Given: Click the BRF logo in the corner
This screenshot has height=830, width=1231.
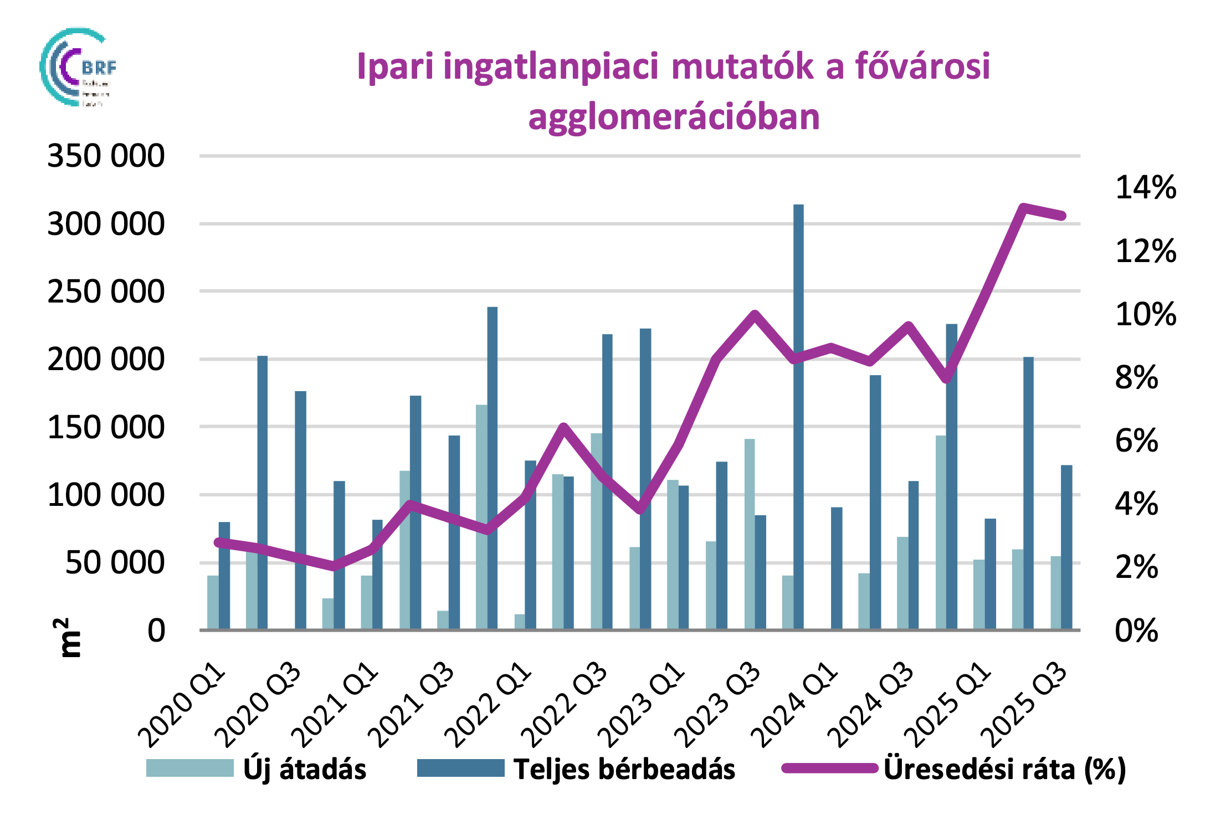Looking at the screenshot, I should [78, 67].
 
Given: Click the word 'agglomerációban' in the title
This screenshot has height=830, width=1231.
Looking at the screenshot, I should [674, 117].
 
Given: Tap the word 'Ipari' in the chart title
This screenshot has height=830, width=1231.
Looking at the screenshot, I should [395, 66].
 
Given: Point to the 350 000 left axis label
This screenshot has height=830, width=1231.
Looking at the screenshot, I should [106, 156].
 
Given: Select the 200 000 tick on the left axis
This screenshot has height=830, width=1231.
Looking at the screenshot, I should [106, 360].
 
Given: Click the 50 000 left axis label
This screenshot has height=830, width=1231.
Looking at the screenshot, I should [115, 563].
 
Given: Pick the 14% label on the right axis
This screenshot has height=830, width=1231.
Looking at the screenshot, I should [1145, 187].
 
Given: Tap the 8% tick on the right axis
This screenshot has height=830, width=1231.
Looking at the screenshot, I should [1136, 378].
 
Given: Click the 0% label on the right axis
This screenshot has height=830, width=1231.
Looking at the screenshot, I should [1136, 631].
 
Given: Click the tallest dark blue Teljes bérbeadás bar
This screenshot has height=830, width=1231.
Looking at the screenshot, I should [798, 416].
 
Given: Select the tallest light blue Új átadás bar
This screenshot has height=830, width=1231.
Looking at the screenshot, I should [481, 515].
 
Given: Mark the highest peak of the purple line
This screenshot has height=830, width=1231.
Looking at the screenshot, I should [1024, 208].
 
